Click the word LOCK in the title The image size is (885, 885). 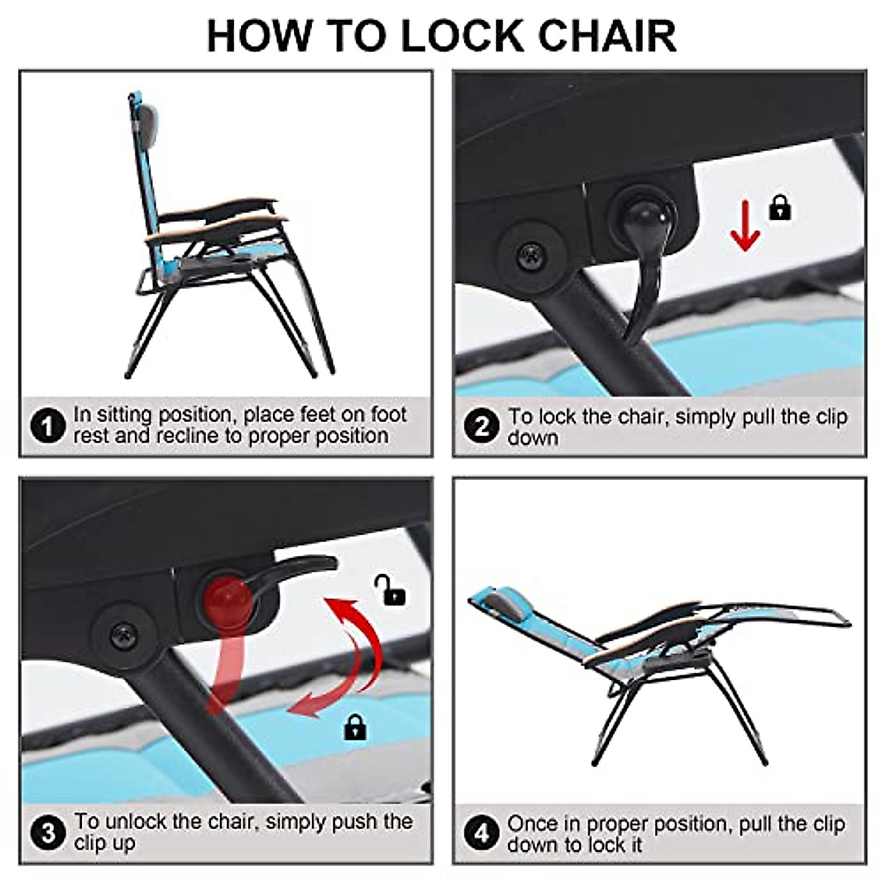[x=462, y=36]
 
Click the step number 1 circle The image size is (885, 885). [x=48, y=426]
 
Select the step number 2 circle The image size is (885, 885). [x=482, y=426]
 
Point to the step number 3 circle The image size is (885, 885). [x=48, y=832]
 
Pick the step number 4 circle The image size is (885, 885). [x=482, y=833]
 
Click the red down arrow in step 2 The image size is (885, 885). [x=744, y=226]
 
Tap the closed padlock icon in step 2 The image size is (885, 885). [x=780, y=208]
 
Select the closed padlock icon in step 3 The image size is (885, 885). [x=355, y=727]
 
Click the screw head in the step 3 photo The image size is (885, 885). [x=123, y=635]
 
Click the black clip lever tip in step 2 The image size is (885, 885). [x=628, y=340]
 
